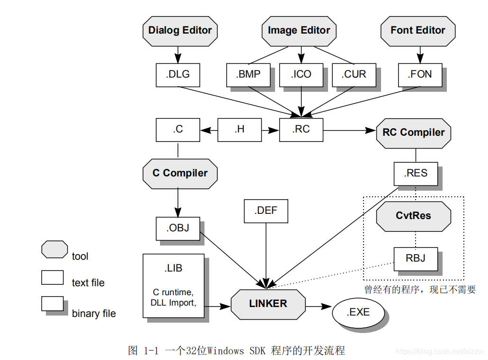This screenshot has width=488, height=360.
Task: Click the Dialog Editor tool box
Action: click(x=180, y=31)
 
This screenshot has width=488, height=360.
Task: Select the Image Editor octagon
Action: click(x=299, y=31)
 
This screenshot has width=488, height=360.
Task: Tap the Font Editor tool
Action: click(x=418, y=31)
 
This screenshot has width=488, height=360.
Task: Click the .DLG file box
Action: click(x=177, y=75)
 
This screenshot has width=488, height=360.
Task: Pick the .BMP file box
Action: click(x=248, y=75)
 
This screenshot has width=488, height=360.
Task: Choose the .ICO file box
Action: click(x=301, y=75)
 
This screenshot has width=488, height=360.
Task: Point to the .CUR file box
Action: click(x=354, y=75)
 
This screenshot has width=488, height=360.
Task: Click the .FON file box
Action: click(x=420, y=75)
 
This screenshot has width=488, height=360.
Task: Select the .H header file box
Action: click(x=240, y=130)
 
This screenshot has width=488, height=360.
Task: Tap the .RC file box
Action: click(x=301, y=130)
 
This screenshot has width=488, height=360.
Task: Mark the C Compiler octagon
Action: click(x=180, y=173)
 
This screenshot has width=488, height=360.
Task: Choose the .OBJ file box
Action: click(x=177, y=228)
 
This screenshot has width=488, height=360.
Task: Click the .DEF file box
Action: click(x=266, y=211)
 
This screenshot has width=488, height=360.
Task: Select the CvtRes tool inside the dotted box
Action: click(x=413, y=216)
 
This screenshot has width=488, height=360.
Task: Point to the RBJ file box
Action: click(x=416, y=258)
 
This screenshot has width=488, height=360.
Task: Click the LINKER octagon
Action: click(x=268, y=304)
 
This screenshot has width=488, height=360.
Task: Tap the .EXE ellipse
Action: click(x=358, y=313)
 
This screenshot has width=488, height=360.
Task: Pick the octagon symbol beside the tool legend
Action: click(x=54, y=249)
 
